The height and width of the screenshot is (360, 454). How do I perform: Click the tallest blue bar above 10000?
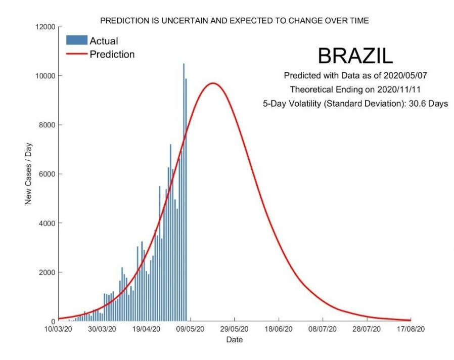tap(184, 192)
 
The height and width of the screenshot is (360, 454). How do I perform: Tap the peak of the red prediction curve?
tap(213, 83)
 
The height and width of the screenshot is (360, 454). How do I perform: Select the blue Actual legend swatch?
tap(76, 40)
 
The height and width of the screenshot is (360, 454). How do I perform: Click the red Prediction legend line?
tap(76, 54)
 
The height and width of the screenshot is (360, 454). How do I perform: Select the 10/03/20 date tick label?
tap(59, 329)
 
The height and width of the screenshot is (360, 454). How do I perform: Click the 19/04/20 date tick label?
tap(146, 329)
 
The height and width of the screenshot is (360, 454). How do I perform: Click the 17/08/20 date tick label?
tap(411, 329)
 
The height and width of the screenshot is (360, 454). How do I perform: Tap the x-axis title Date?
tap(234, 340)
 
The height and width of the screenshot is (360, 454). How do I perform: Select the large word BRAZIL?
tap(354, 56)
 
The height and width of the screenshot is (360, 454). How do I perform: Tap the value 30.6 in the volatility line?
tap(413, 104)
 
